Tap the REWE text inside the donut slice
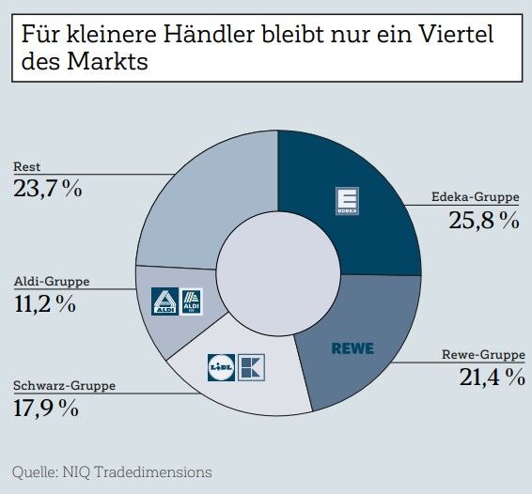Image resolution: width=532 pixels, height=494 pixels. click(x=352, y=348)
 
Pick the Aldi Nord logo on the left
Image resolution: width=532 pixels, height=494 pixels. click(x=164, y=301)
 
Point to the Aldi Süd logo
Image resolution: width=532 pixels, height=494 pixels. click(x=191, y=301)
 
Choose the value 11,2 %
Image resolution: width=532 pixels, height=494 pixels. click(x=45, y=303)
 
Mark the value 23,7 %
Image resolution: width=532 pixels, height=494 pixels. click(x=48, y=189)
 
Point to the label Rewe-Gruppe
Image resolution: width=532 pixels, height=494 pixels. click(x=483, y=355)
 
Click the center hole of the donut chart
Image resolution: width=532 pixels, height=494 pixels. click(x=277, y=272)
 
